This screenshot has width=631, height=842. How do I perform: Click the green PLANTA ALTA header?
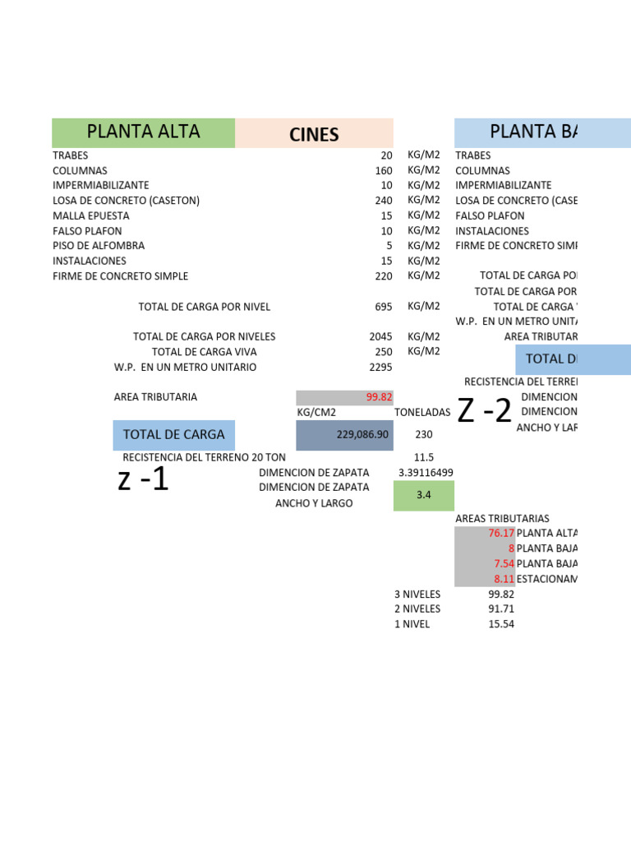[x=143, y=132]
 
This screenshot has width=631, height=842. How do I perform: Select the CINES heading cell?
[x=314, y=134]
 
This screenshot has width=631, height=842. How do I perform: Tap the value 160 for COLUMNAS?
[x=384, y=170]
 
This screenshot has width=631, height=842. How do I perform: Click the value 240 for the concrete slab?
[x=384, y=201]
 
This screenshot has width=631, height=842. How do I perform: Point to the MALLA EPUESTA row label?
[x=90, y=215]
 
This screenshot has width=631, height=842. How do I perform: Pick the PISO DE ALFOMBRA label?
[x=99, y=246]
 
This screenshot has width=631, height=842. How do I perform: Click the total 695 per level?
[x=384, y=307]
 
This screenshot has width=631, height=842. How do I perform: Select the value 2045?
[x=381, y=336]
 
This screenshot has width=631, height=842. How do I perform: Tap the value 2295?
[x=381, y=367]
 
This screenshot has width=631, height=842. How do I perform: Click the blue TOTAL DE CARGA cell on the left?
[x=173, y=434]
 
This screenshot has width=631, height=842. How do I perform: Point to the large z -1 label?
[x=143, y=479]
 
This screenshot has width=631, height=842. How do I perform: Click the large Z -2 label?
[x=484, y=410]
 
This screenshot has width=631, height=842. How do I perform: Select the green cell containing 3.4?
[x=423, y=496]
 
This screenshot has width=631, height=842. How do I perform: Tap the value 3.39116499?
[x=426, y=473]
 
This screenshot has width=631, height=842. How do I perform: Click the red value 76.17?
[x=500, y=533]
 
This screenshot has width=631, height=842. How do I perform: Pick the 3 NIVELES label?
[x=417, y=594]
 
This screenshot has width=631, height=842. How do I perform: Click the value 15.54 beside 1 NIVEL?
[x=500, y=624]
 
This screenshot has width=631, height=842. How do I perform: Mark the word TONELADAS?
[x=422, y=413]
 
